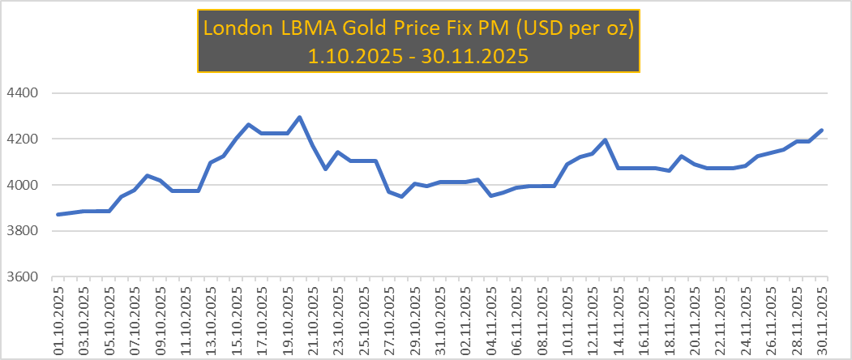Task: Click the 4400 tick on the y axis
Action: pos(24,93)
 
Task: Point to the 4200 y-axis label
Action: pos(24,139)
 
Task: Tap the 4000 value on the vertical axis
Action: pos(24,185)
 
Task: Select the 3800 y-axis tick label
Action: pos(24,231)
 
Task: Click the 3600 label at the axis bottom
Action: pos(24,277)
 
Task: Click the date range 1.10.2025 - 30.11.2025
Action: pos(418,55)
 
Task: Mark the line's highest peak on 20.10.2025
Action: pos(300,118)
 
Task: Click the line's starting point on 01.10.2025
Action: pos(58,214)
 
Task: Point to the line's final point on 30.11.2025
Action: pos(821,130)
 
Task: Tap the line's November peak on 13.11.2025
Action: pos(606,140)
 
